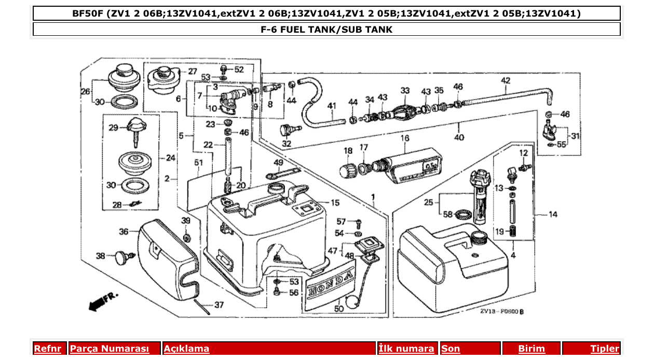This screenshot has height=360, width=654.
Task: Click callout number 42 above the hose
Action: click(x=505, y=80)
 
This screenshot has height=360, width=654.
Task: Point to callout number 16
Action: click(x=405, y=139)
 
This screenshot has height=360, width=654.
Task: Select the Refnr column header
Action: click(x=47, y=349)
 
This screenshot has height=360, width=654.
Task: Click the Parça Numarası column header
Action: click(x=110, y=349)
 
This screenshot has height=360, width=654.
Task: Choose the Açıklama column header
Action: click(x=187, y=349)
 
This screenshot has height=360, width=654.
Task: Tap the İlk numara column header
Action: click(x=406, y=349)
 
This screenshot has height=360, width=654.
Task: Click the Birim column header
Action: click(x=532, y=349)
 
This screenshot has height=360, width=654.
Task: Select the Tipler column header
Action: click(x=605, y=349)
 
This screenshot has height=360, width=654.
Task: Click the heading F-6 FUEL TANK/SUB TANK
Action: click(x=326, y=30)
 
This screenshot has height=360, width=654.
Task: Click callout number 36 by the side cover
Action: click(x=124, y=232)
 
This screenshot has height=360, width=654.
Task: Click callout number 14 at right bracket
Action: click(x=553, y=214)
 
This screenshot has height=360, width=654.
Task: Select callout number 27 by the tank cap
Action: click(x=192, y=71)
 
